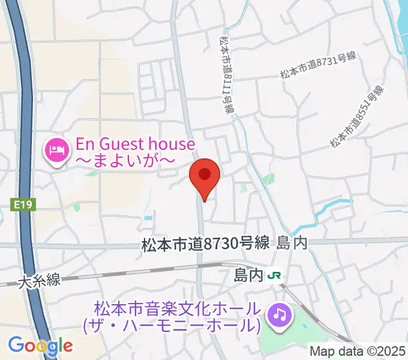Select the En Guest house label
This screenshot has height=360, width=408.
tap(135, 144)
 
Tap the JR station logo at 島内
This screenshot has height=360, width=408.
tap(276, 276)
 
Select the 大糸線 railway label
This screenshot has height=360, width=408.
tap(40, 280)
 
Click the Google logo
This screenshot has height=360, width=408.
tap(40, 345)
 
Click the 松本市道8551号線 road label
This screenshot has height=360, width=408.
tap(356, 117)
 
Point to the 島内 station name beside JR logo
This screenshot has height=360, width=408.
tap(248, 275)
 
